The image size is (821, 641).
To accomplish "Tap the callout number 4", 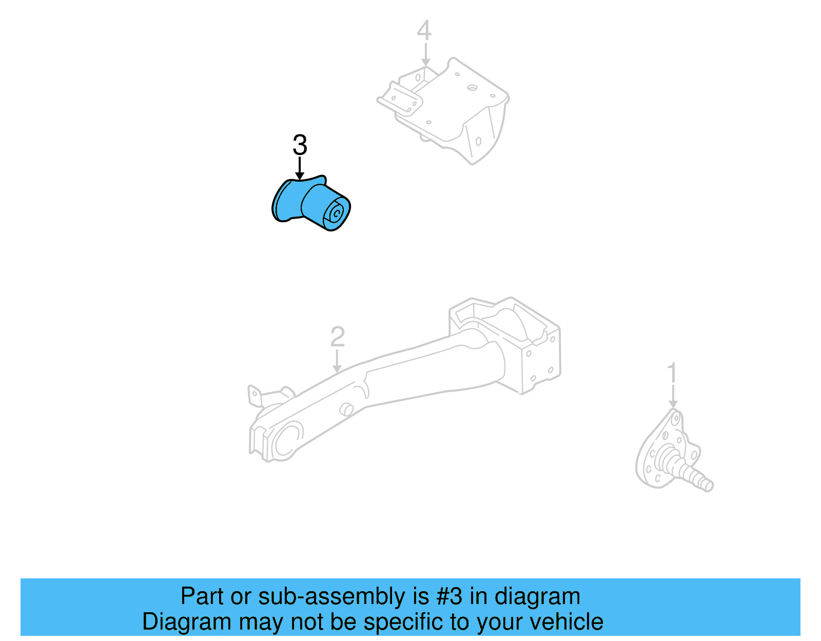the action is tap(424, 31).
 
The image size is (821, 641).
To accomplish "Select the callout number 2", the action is tap(337, 337).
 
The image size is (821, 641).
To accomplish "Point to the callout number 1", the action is tap(672, 374).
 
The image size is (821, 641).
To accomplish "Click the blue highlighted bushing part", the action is tap(310, 204).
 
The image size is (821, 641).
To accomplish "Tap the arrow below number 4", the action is tap(425, 55).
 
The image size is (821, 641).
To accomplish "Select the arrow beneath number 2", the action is tap(337, 361).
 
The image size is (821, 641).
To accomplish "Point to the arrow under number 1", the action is tap(673, 397).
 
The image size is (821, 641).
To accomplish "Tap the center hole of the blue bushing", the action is tap(337, 212).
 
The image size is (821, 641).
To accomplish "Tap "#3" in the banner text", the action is tap(448, 596).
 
